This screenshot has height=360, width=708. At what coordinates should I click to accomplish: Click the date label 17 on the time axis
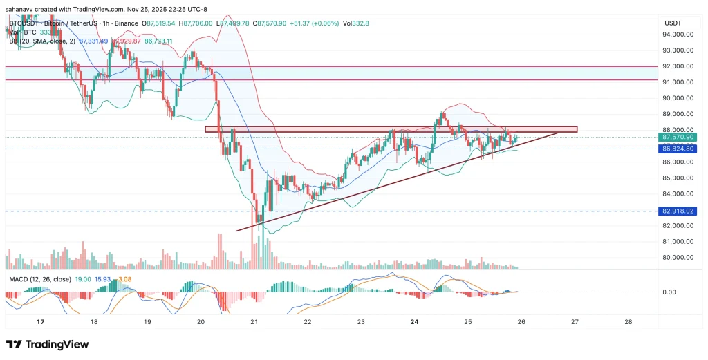click(41, 322)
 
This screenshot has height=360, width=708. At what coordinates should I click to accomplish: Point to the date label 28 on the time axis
click(628, 322)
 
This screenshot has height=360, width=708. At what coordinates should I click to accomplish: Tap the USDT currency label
click(673, 23)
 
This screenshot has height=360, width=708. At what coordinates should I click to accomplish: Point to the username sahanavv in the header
click(21, 7)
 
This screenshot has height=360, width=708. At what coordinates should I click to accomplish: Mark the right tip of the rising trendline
click(558, 132)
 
